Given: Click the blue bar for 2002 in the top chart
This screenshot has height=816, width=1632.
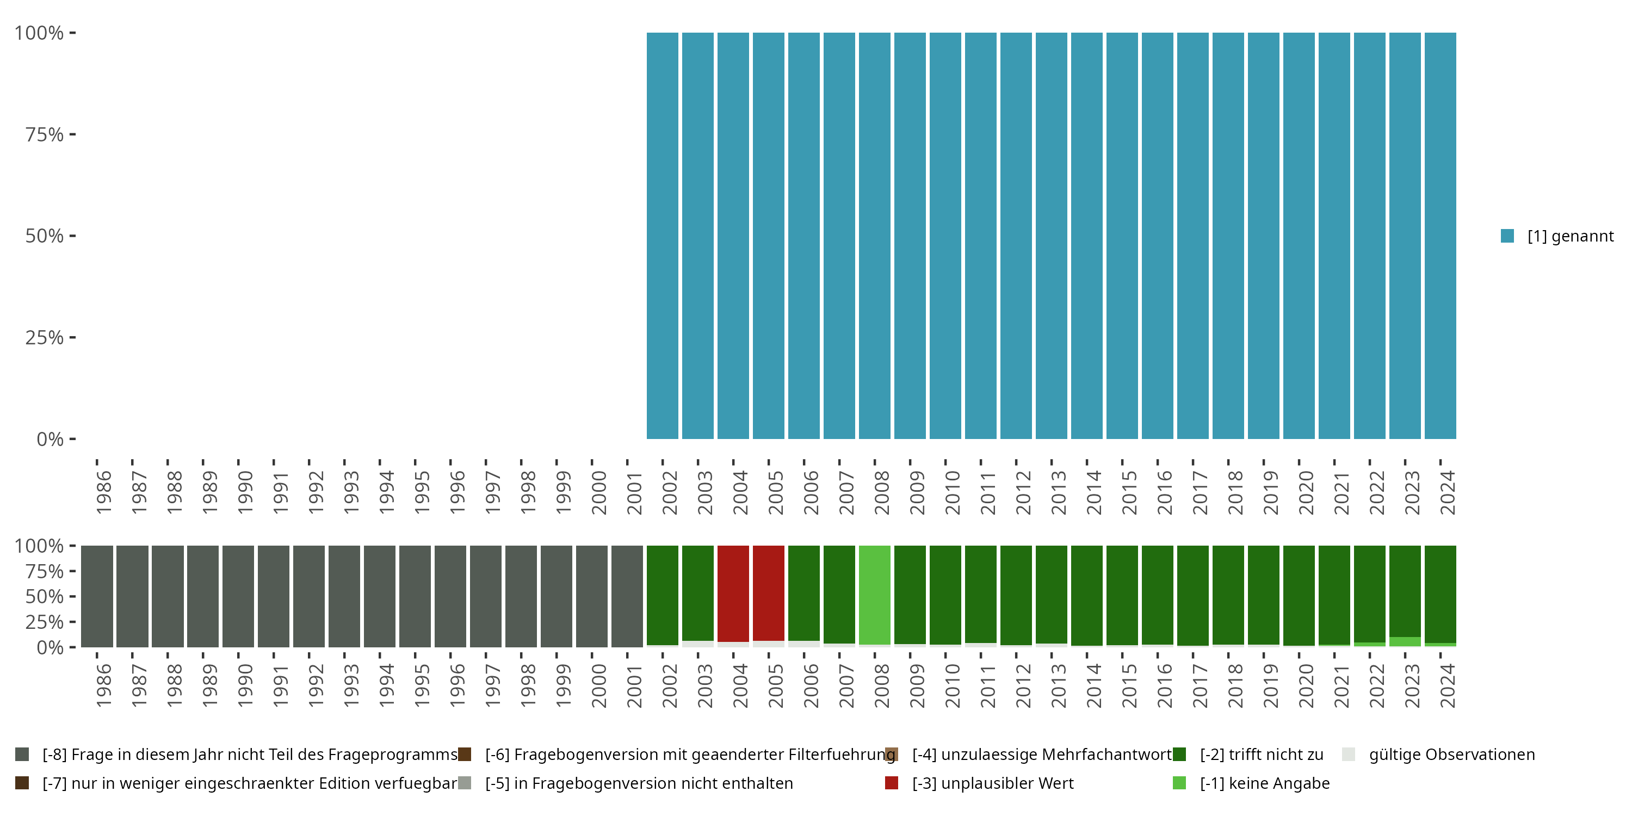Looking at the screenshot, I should point(662,236).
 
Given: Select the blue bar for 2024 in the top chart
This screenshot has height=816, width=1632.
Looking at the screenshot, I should point(1440,236).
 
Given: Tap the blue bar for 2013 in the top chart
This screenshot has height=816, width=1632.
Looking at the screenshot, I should point(1051,236).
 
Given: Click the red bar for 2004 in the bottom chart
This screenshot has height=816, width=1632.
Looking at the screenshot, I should point(733,594).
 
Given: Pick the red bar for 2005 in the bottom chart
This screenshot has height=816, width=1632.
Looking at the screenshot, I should point(769,594).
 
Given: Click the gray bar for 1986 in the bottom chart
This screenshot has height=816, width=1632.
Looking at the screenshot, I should point(97,596).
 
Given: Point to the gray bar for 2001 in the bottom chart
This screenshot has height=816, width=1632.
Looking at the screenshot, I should point(627,596).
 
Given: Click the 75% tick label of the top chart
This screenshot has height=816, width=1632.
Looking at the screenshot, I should point(45,135).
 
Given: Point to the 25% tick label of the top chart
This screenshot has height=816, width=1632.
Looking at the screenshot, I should point(45,338).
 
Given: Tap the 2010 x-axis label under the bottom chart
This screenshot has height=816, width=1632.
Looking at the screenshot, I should point(952,685).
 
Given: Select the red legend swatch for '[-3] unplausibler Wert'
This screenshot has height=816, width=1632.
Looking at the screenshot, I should point(892,783).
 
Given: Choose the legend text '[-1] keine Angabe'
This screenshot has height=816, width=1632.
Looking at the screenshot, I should point(1265,783).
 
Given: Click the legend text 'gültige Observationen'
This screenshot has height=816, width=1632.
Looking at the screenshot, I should point(1451,755).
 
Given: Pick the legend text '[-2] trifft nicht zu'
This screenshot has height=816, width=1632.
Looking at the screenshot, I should point(1262,755).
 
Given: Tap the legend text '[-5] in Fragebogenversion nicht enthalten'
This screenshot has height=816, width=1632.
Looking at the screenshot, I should point(639,783).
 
